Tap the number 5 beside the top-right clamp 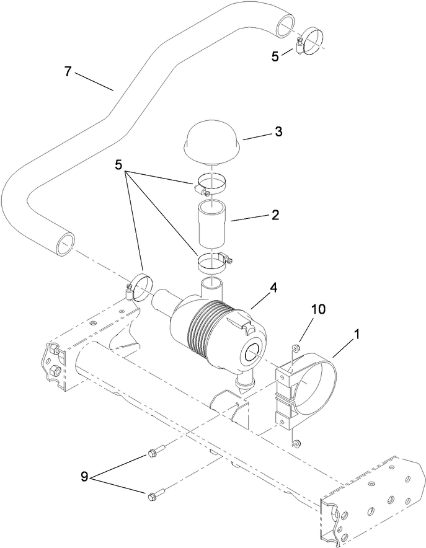(275, 56)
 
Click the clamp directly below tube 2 (213, 262)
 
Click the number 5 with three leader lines (120, 167)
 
